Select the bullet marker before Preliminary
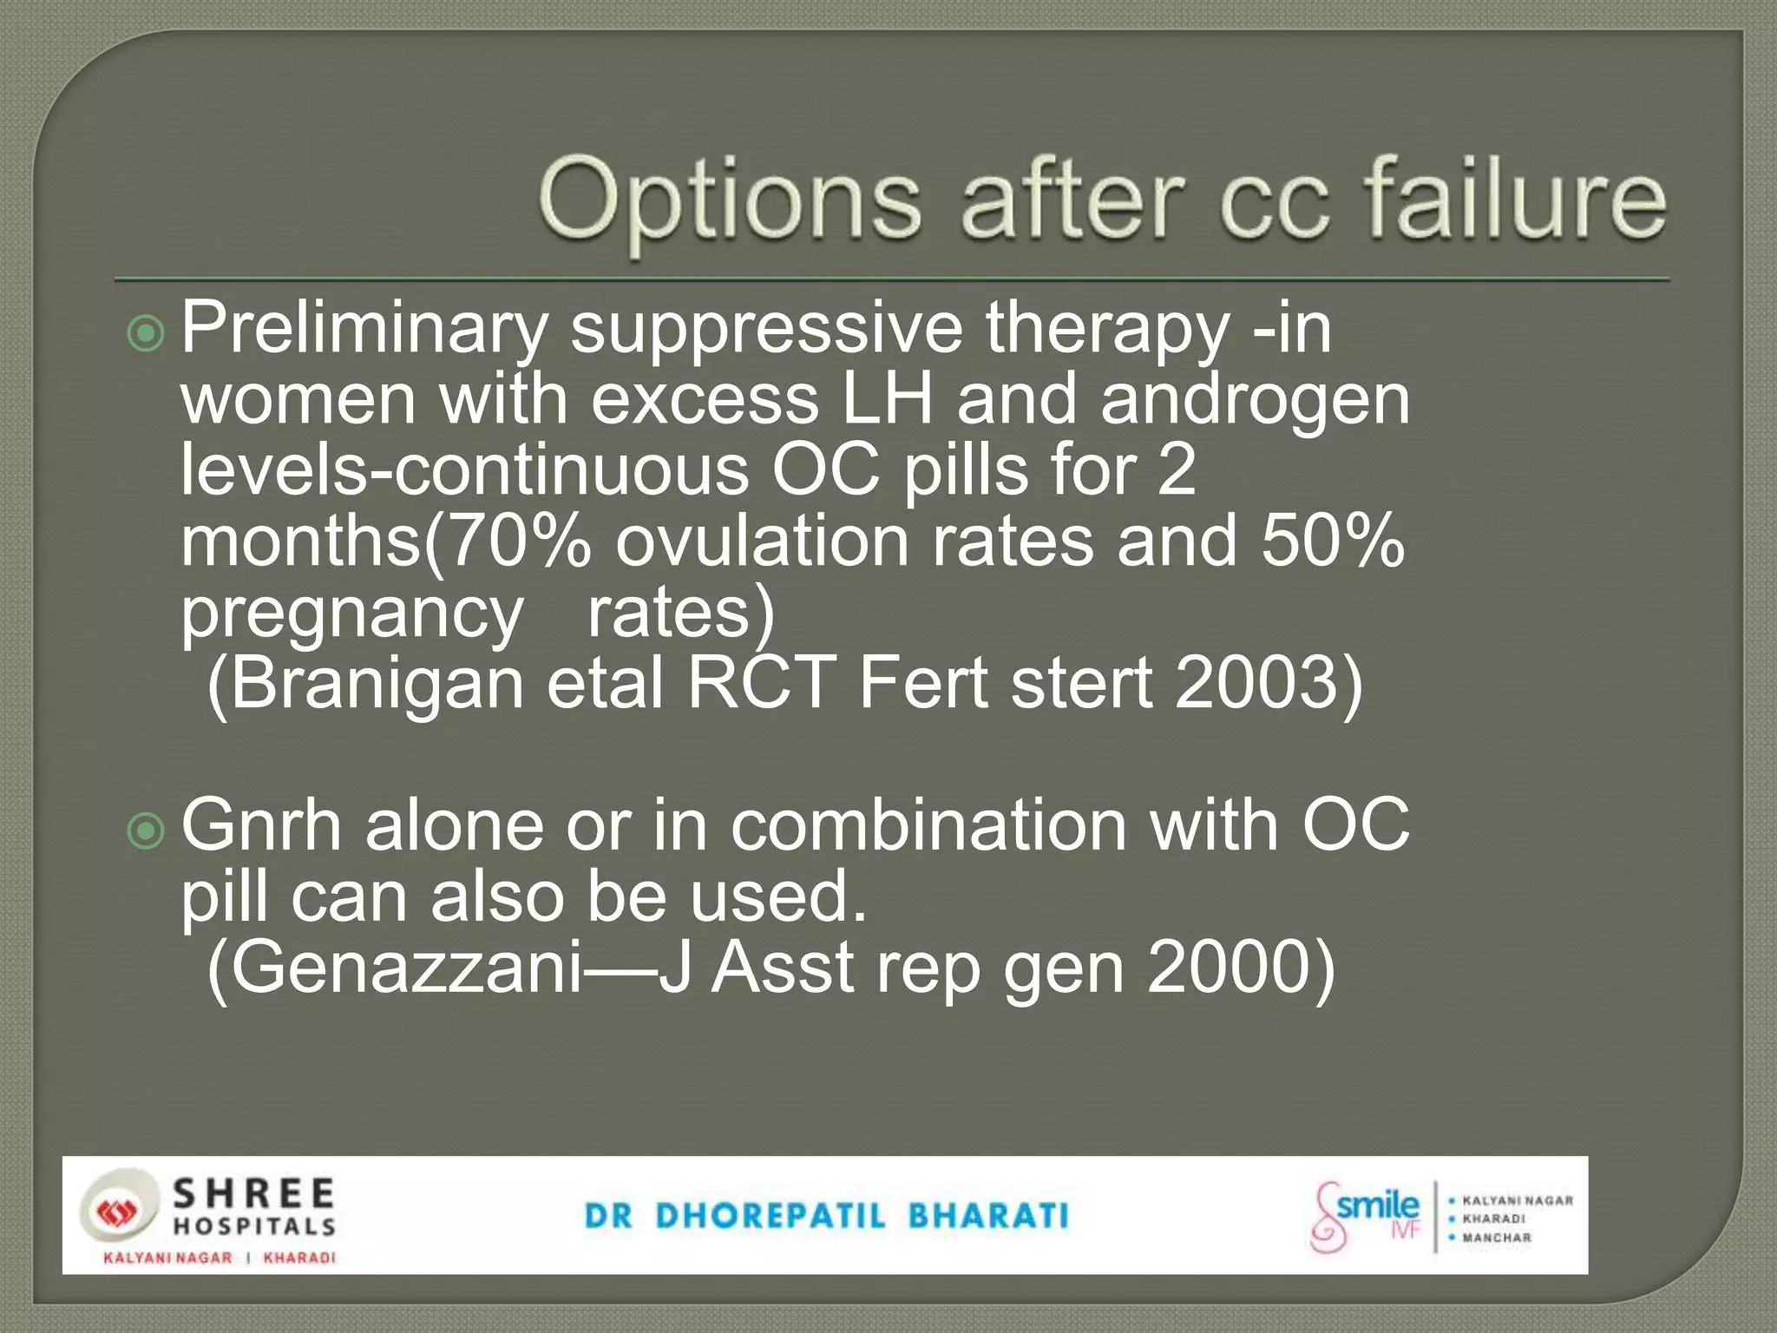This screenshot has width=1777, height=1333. click(x=145, y=333)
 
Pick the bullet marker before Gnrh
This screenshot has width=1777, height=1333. click(x=145, y=831)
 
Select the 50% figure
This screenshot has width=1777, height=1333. click(x=1332, y=541)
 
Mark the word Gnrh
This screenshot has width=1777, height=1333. click(x=261, y=826)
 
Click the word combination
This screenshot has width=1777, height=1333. click(x=928, y=826)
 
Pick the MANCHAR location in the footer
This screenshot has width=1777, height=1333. click(x=1497, y=1238)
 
